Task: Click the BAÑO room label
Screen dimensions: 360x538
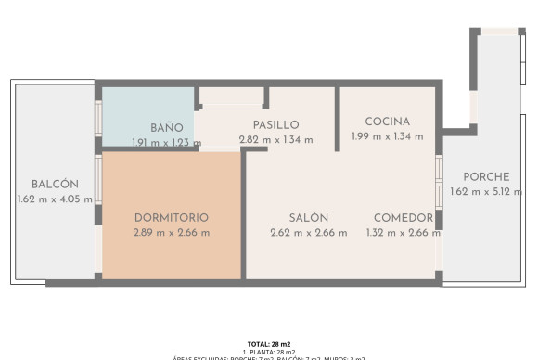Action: [167, 127]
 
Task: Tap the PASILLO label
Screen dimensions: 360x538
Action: [275, 124]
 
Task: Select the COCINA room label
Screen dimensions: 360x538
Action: [387, 122]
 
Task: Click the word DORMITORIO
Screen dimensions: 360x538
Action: [171, 217]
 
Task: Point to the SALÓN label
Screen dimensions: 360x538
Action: [309, 217]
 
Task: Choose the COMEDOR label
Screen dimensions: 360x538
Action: [403, 218]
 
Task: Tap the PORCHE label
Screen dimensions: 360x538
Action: [486, 176]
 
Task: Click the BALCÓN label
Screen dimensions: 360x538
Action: [55, 184]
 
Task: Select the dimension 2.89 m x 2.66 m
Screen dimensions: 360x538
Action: [171, 232]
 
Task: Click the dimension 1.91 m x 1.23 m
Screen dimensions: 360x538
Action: [167, 142]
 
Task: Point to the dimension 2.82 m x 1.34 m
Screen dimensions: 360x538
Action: [275, 140]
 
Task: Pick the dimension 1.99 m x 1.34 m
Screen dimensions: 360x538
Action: [387, 136]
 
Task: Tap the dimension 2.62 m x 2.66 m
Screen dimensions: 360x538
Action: [309, 232]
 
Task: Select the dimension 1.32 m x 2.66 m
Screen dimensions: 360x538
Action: [403, 233]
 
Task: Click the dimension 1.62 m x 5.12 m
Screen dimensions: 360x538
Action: [486, 192]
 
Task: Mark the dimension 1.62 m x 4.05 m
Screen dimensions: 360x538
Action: [55, 199]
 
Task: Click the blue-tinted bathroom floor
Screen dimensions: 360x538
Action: [130, 111]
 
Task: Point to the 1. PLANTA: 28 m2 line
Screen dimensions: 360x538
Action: [269, 352]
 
